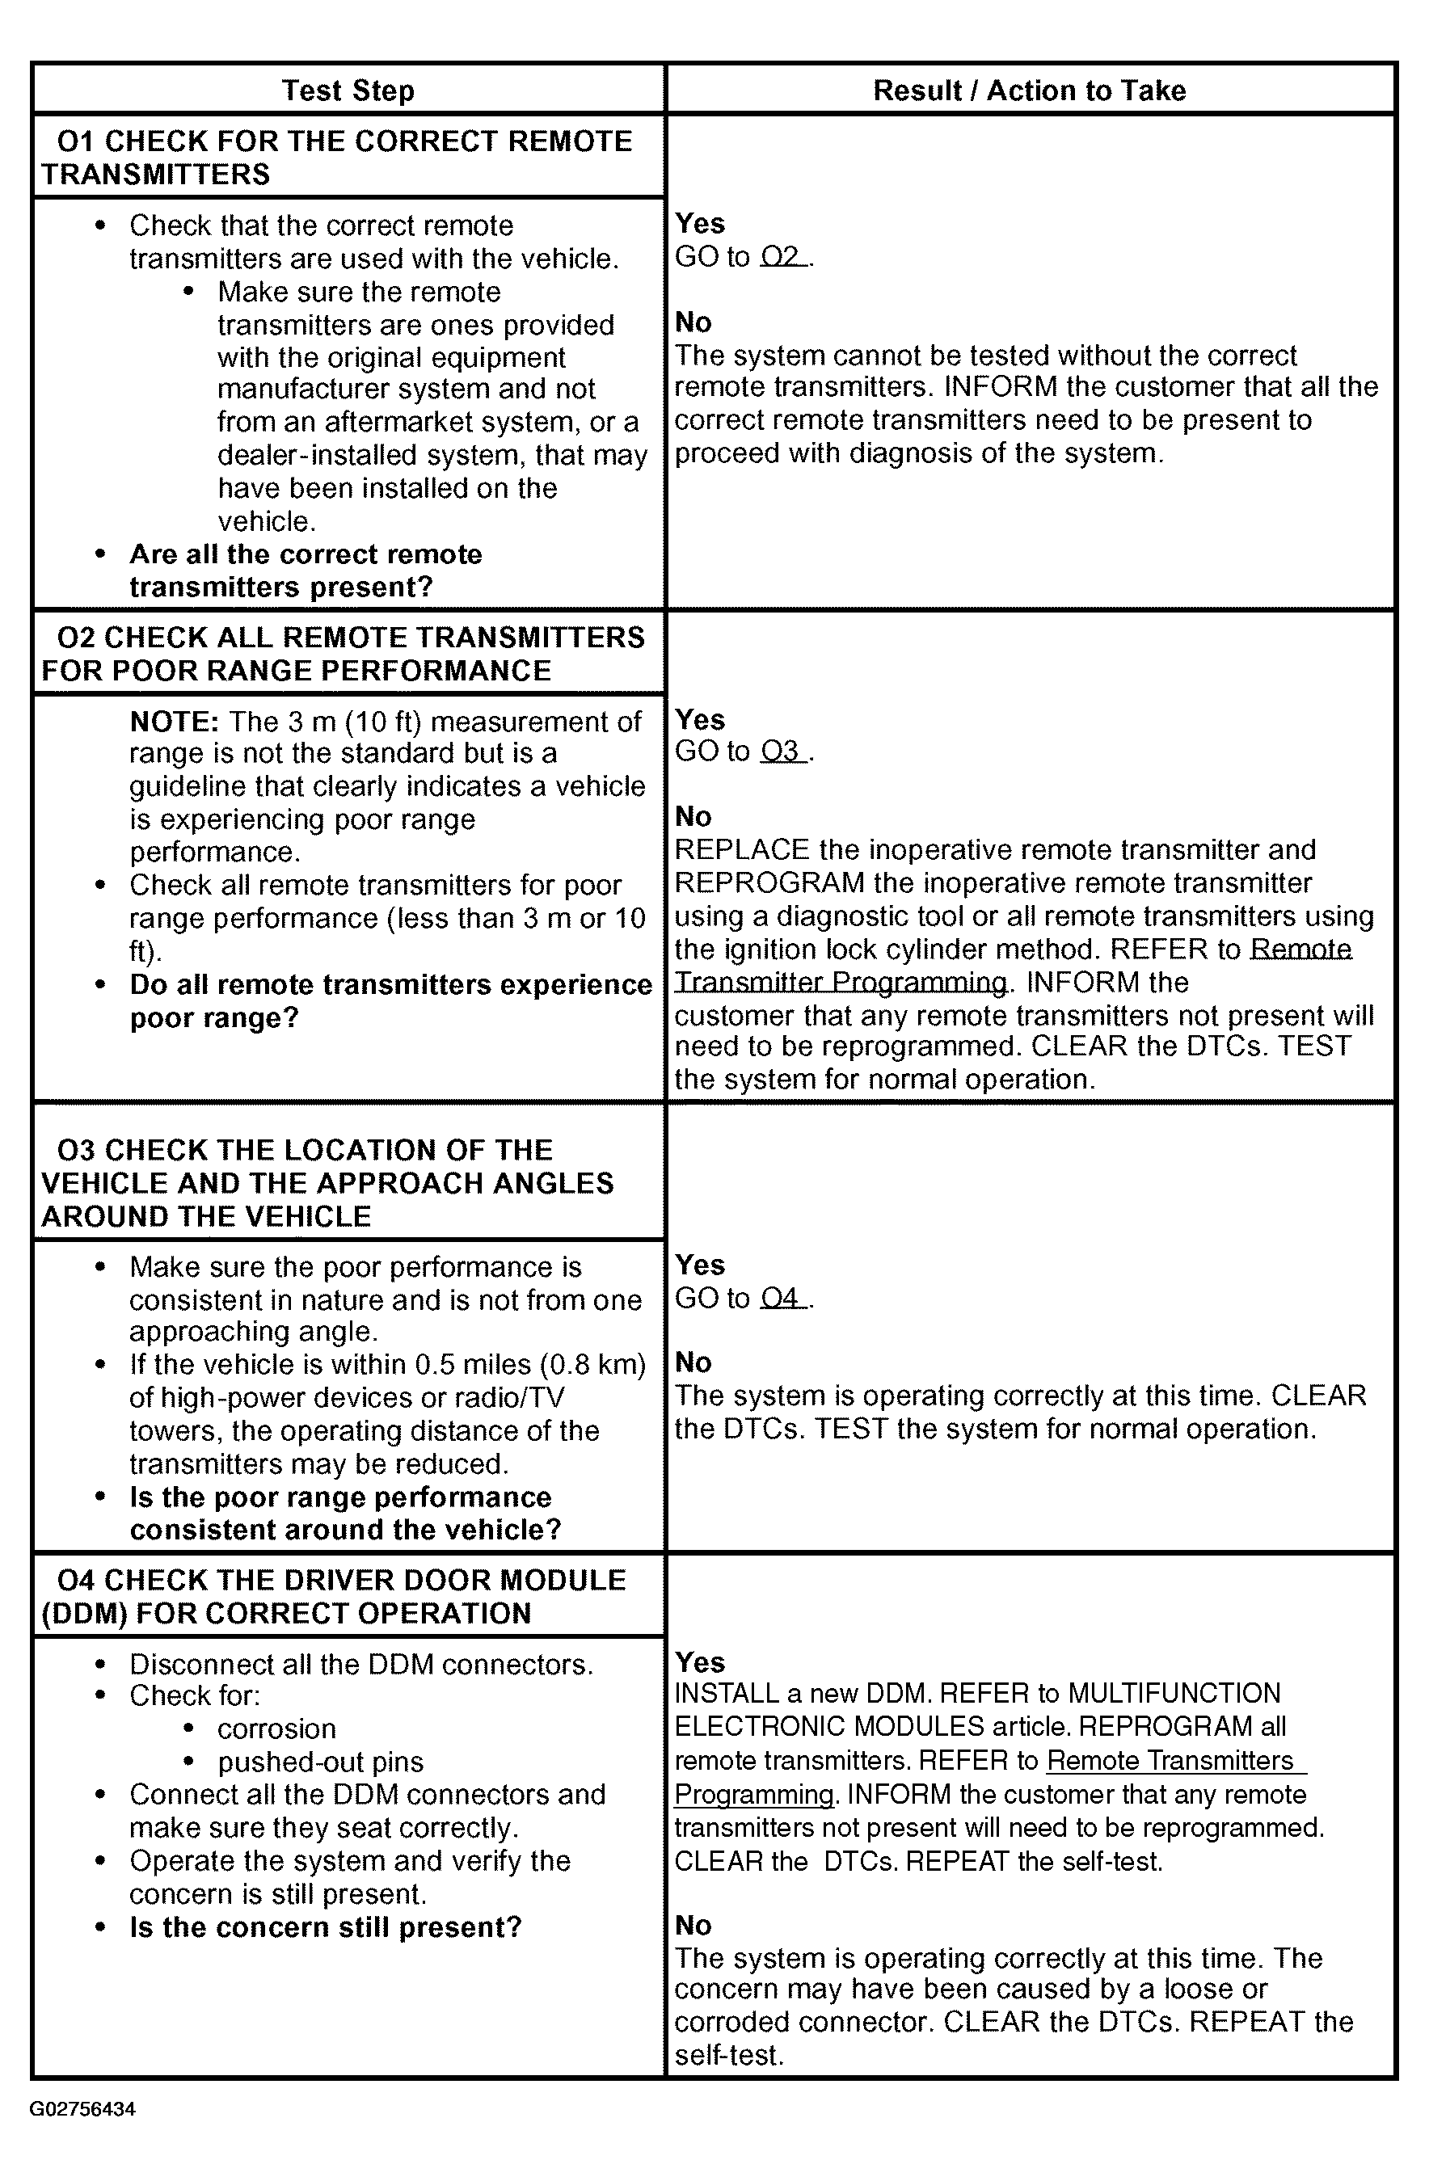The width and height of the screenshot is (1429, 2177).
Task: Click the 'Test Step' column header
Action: pyautogui.click(x=348, y=91)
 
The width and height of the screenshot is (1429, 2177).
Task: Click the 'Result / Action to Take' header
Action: pyautogui.click(x=1029, y=91)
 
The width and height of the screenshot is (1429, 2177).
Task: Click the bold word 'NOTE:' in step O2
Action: pyautogui.click(x=174, y=722)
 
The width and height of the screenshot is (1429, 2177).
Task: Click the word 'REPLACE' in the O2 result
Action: pyautogui.click(x=742, y=850)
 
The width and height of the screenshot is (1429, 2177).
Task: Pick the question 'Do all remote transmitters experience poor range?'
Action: pyautogui.click(x=390, y=1000)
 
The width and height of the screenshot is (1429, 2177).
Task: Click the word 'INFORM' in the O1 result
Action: pyautogui.click(x=1000, y=387)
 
